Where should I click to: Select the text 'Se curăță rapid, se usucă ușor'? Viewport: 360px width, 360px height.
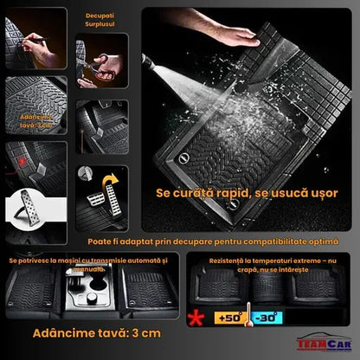click(247, 194)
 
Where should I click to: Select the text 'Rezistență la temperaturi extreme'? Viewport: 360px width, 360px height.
click(269, 260)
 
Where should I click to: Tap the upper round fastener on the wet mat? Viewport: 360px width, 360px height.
click(183, 157)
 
